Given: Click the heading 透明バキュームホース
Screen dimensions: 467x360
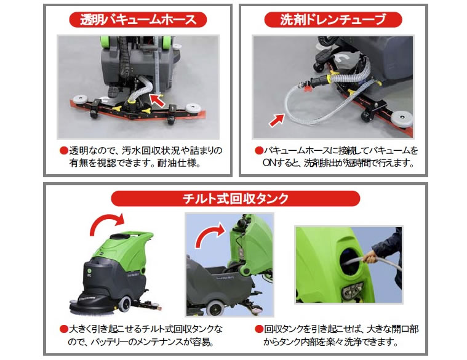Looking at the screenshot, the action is coord(138,20).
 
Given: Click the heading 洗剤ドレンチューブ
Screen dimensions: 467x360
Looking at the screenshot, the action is coord(333,20).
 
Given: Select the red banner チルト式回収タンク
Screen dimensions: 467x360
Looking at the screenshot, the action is coord(235,198).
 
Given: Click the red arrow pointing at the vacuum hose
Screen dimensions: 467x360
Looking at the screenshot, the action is coord(157,100).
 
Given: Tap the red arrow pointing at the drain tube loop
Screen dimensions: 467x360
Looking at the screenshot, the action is coord(277,120).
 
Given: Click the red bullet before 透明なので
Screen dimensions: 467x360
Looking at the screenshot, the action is coord(64,150).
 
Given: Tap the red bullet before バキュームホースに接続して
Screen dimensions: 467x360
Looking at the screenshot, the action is coord(259,150).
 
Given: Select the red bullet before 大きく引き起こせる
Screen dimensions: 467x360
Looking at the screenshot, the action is coord(64,329).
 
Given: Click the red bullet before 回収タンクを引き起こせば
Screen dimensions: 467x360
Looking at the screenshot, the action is coord(259,329).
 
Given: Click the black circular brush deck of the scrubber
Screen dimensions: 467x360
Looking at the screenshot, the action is coord(93,304).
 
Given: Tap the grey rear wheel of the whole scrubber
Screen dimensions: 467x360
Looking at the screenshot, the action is coord(125,304).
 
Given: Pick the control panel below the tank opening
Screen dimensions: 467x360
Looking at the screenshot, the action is coord(353,290).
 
